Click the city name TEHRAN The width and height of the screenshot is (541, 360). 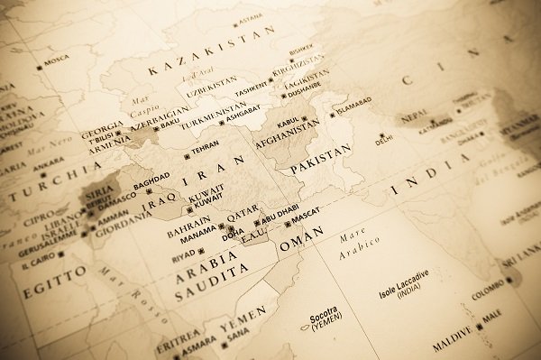tap(206, 144)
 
